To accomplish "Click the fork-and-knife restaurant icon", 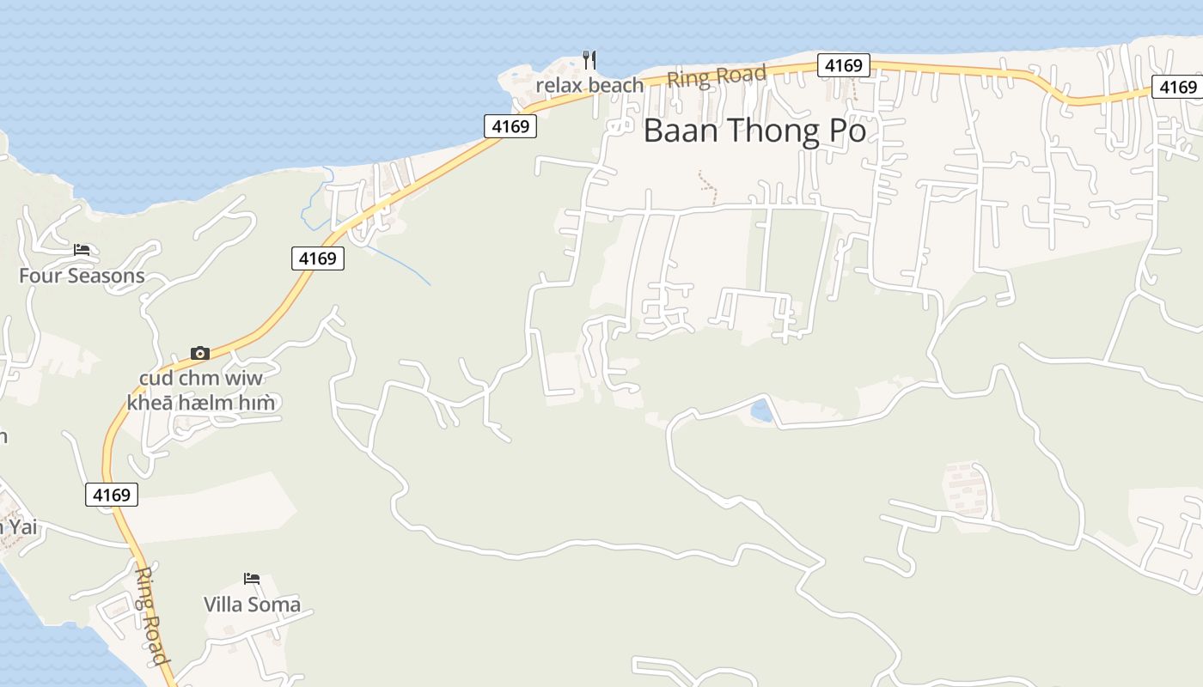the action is pyautogui.click(x=589, y=59).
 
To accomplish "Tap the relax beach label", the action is pyautogui.click(x=589, y=85).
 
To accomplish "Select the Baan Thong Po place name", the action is pyautogui.click(x=754, y=131).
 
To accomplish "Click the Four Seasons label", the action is pyautogui.click(x=82, y=276).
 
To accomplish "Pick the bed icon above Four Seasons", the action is pyautogui.click(x=82, y=250).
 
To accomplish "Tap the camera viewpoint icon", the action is pyautogui.click(x=200, y=353).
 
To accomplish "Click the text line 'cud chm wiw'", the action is pyautogui.click(x=201, y=378).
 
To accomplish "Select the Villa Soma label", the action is pyautogui.click(x=252, y=604).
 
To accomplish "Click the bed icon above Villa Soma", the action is pyautogui.click(x=252, y=579).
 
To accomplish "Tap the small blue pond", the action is pyautogui.click(x=761, y=410).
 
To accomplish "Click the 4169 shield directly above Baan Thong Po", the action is pyautogui.click(x=843, y=65).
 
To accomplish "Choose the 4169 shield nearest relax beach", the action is pyautogui.click(x=510, y=126).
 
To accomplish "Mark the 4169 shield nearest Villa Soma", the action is pyautogui.click(x=112, y=495).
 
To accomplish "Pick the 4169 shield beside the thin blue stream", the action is pyautogui.click(x=318, y=258).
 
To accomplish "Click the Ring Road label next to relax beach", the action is pyautogui.click(x=716, y=77).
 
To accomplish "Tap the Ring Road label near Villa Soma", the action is pyautogui.click(x=151, y=615).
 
